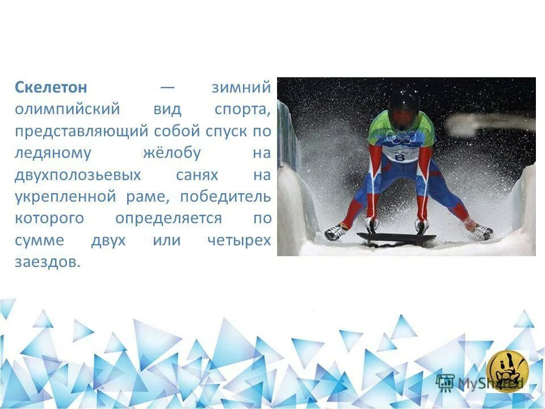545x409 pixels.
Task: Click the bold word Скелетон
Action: [51, 87]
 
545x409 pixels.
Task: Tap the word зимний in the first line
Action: [241, 87]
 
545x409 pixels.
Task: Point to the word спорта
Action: [242, 109]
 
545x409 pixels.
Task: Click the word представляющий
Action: [82, 131]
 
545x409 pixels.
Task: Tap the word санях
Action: [197, 175]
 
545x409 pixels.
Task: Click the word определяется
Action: [169, 219]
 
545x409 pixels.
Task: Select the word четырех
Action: [239, 240]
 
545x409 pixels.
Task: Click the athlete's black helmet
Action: [404, 106]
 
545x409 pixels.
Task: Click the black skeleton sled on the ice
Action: [396, 238]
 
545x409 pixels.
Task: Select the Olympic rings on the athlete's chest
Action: [401, 137]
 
